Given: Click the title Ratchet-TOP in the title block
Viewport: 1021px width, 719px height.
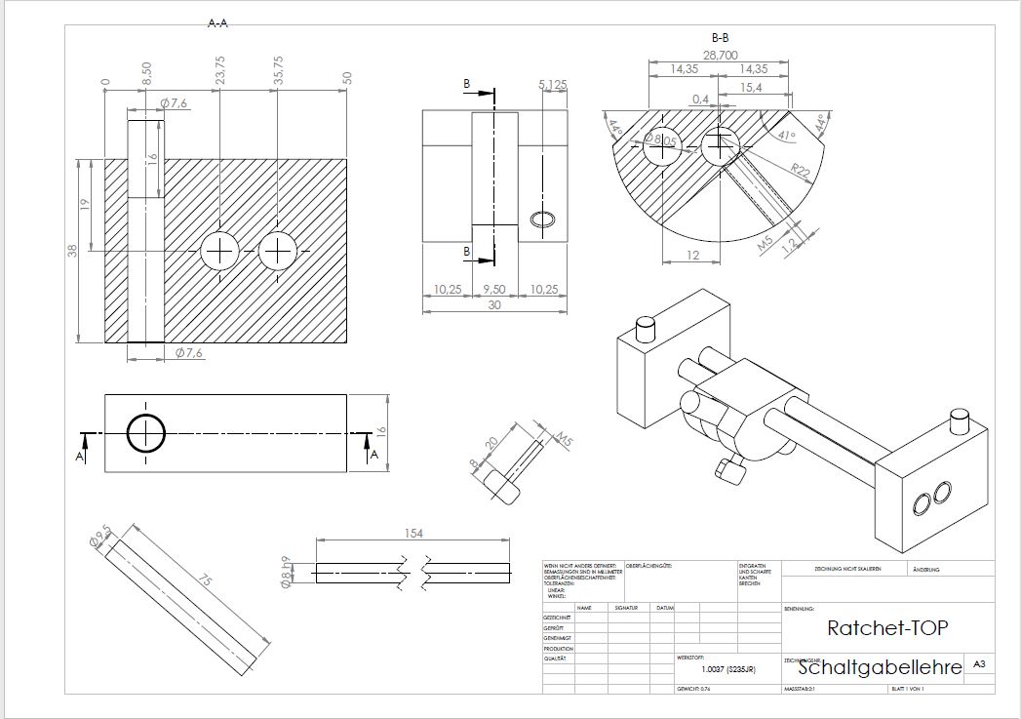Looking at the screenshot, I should [886, 628].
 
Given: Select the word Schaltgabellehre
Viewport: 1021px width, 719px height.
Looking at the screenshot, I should [880, 667].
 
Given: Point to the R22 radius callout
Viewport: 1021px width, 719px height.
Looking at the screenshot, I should [802, 174].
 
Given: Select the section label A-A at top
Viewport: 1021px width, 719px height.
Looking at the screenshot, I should [218, 22].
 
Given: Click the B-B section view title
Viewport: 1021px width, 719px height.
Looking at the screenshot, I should [721, 38].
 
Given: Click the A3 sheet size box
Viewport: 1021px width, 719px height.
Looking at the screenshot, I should [978, 664].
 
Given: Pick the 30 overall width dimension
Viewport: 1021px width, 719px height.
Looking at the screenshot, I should [494, 303].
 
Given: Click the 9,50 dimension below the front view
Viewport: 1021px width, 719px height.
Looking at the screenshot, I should [494, 290].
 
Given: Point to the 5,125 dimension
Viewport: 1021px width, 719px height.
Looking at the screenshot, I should [552, 85].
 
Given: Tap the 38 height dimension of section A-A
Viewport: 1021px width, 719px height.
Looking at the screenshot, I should [72, 251].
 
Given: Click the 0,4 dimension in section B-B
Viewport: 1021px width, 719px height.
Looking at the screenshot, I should [700, 100].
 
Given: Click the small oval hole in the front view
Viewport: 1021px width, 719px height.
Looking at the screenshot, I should [542, 219].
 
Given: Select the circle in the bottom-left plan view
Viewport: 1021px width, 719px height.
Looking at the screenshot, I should [145, 432].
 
